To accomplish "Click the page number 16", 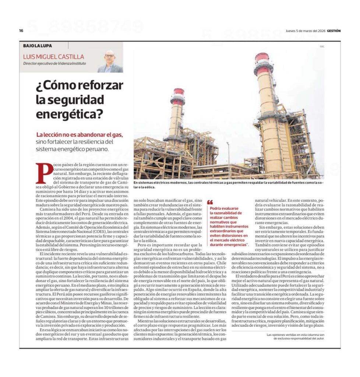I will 21,31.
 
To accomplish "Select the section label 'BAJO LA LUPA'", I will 38,46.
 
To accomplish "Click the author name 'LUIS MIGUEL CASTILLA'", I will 53,57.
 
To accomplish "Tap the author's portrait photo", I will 110,61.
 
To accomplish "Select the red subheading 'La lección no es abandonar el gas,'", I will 80,135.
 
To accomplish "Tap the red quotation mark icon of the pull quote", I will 210,202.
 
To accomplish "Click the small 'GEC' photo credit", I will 322,47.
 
